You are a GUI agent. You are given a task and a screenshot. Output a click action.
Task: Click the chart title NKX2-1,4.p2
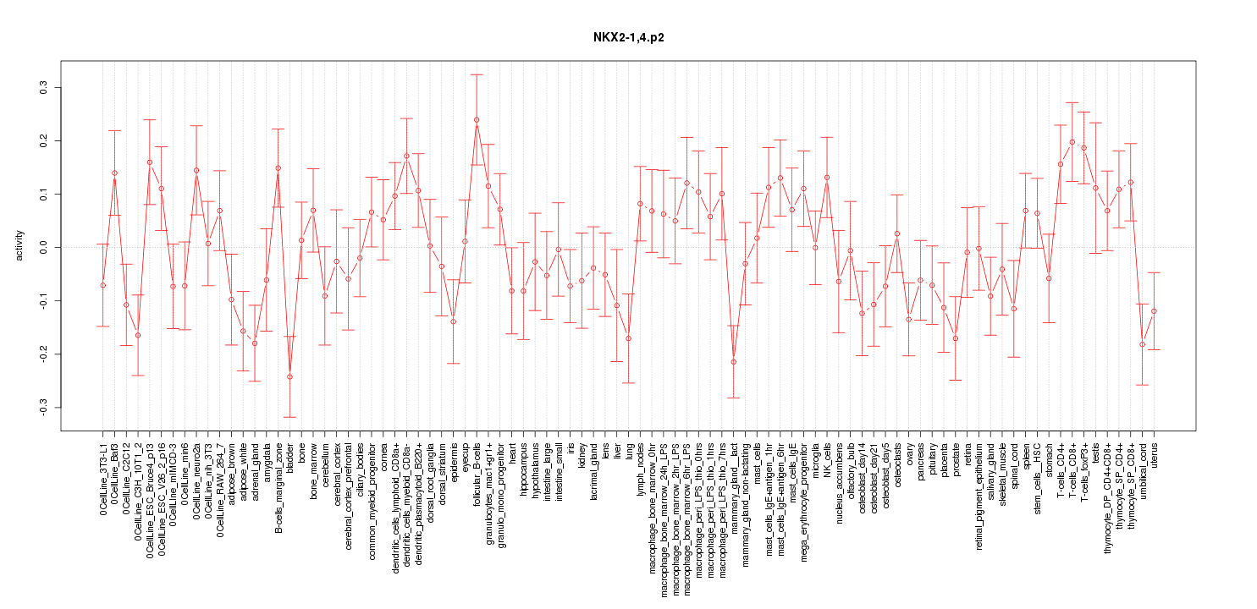tap(627, 37)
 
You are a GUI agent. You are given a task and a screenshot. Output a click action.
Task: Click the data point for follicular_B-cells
tap(477, 120)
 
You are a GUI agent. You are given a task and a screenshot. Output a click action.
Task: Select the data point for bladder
tap(289, 376)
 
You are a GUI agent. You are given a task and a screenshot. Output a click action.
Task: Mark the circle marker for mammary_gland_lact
tap(734, 362)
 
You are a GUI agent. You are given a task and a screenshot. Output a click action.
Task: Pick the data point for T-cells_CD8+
tap(1072, 142)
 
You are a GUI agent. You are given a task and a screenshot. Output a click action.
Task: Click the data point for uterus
tap(1154, 311)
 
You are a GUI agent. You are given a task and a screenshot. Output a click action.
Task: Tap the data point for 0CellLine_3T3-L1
tap(102, 285)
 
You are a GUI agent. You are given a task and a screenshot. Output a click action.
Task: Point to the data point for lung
tap(628, 338)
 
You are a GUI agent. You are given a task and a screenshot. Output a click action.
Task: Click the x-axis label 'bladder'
tap(290, 458)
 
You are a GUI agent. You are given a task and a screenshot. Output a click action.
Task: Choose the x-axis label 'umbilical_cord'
tap(1143, 474)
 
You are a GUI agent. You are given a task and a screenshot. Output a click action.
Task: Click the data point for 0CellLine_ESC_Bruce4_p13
tap(150, 162)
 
